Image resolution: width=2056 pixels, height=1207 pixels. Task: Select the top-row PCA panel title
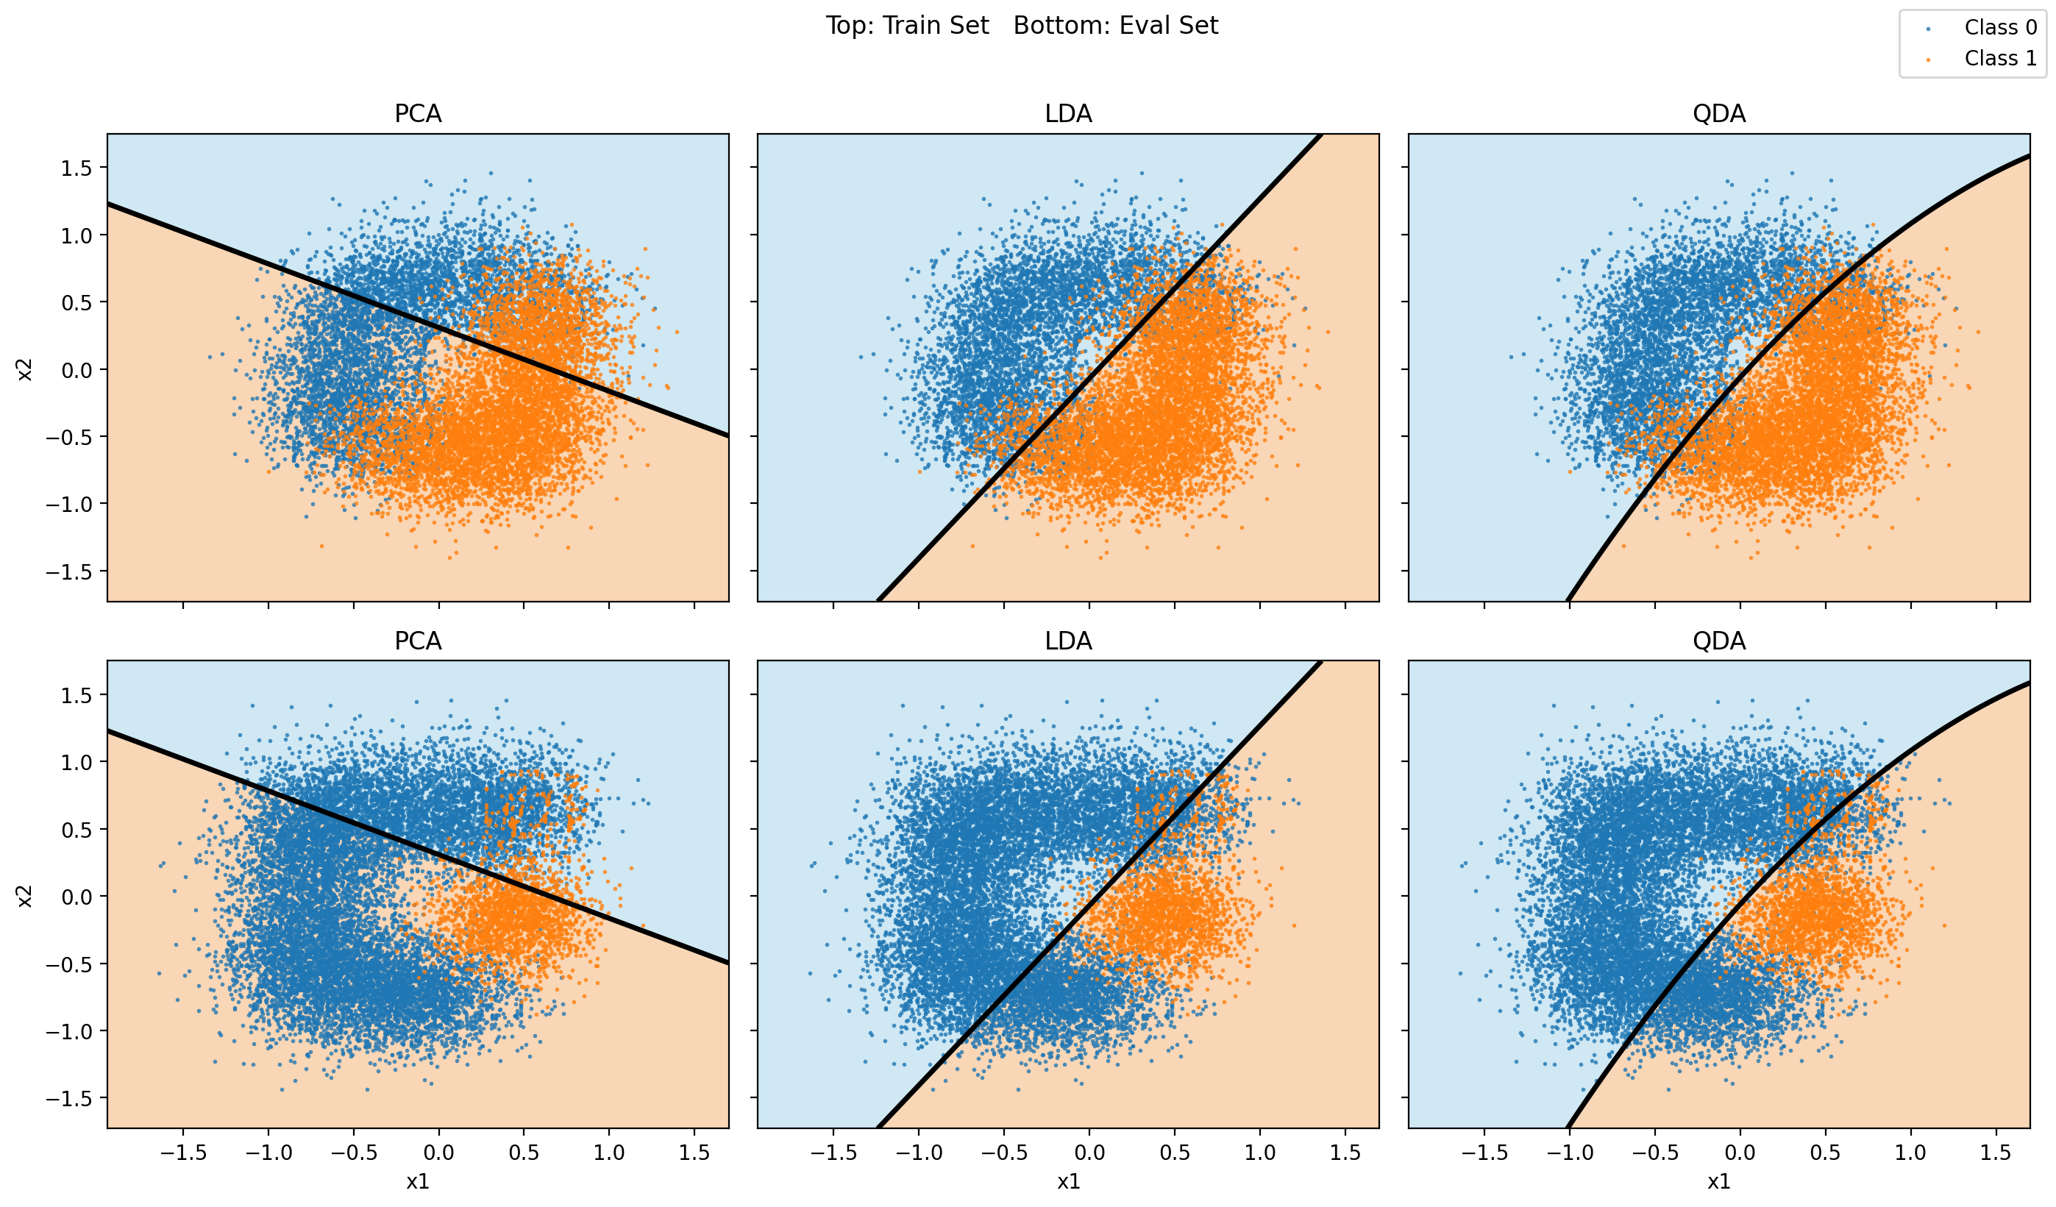[x=418, y=114]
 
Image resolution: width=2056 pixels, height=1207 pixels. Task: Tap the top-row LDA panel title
[x=1068, y=114]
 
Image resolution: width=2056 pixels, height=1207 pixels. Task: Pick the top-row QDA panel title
[x=1719, y=114]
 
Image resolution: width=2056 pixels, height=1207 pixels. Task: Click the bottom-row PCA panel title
[x=418, y=641]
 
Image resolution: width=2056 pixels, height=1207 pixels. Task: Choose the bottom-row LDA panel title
[x=1068, y=641]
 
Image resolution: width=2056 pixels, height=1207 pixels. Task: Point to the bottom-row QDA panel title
[x=1719, y=641]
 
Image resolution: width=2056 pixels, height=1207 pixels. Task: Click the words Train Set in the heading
[x=936, y=26]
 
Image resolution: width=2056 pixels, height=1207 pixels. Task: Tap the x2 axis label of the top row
[x=25, y=368]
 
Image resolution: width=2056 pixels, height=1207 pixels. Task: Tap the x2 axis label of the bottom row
[x=25, y=895]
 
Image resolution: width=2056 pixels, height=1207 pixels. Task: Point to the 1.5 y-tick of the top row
[x=76, y=168]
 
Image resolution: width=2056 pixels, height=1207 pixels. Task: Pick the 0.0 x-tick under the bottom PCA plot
[x=439, y=1153]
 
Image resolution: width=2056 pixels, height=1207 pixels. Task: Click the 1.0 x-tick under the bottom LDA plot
[x=1259, y=1153]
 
